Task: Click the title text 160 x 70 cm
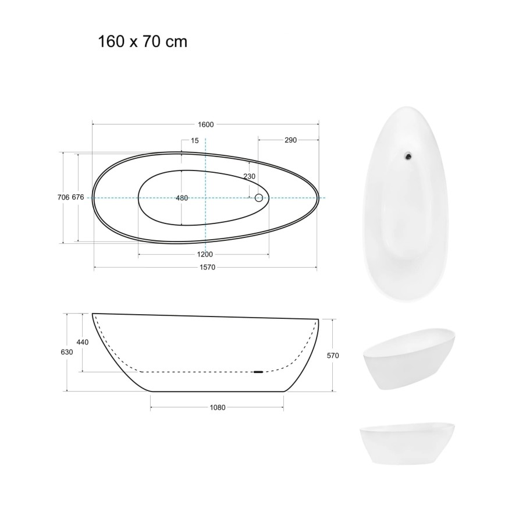[143, 42]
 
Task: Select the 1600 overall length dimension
[206, 125]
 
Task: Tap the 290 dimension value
[290, 140]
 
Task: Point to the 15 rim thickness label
[194, 141]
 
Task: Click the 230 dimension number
[249, 176]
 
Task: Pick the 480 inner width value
[182, 198]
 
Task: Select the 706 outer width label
[63, 197]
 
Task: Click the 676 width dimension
[78, 197]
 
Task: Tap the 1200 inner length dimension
[205, 254]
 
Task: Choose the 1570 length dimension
[207, 268]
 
